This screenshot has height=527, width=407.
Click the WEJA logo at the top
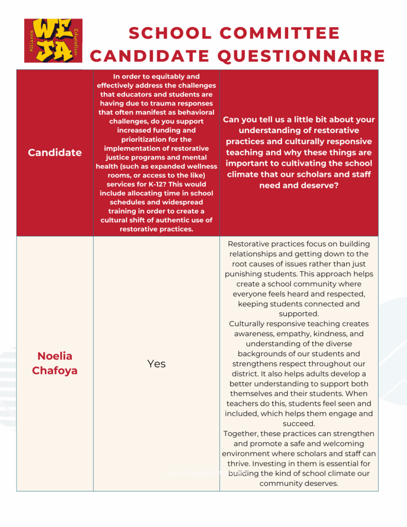pos(53,41)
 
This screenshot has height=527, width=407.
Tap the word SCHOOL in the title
pos(163,33)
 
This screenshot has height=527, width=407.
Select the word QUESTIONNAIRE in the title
pos(303,56)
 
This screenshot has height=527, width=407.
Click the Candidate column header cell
pos(55,152)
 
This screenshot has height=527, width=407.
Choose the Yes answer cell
pos(156,364)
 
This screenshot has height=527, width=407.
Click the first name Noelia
pos(55,356)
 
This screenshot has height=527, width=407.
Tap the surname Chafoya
pos(55,371)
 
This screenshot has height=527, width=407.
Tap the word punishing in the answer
pos(247,274)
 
